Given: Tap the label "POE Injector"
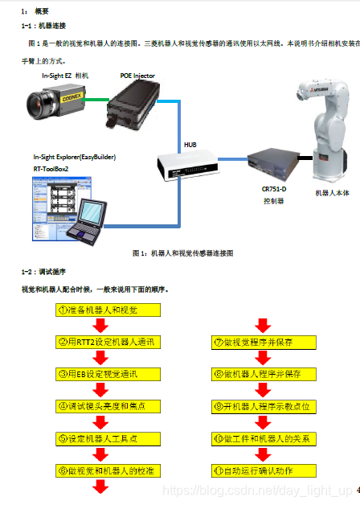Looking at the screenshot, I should coord(137,76).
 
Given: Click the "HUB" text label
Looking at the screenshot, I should coord(190,145).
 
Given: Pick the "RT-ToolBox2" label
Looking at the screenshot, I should coord(51,170).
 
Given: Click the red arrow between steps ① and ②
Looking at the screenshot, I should coord(100,326).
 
